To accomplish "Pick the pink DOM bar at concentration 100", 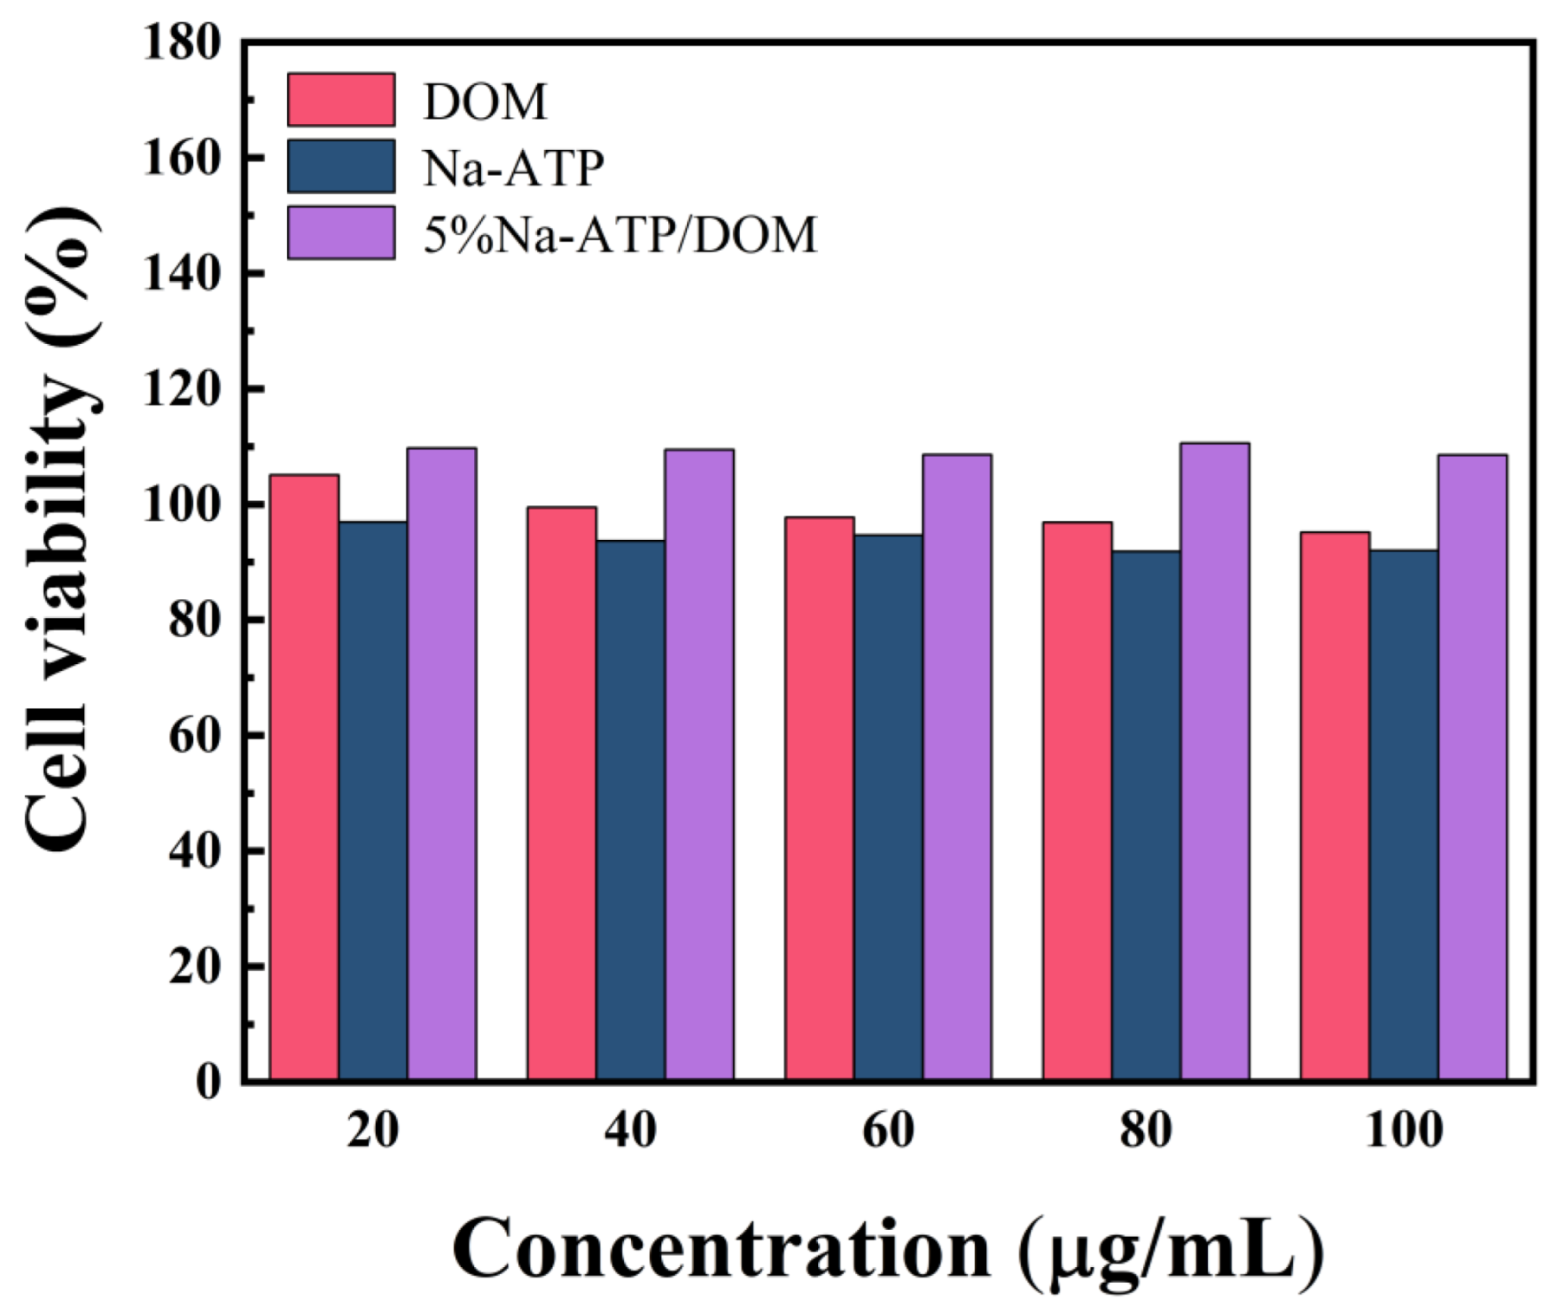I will (1334, 805).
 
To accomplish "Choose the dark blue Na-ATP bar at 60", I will (887, 806).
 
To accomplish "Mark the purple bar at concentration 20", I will (441, 763).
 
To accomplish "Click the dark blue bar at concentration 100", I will (1403, 814).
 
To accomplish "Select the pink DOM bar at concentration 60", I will (819, 797).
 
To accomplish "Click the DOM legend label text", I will (484, 101).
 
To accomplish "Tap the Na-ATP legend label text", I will (513, 167).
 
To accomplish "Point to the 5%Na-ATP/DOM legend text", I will (620, 234).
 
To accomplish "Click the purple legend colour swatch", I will (341, 232).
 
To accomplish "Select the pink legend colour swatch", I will (341, 100).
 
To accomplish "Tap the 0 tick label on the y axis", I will (207, 1082).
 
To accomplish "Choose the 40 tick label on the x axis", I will (630, 1130).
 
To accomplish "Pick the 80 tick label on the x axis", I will (1145, 1130).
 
